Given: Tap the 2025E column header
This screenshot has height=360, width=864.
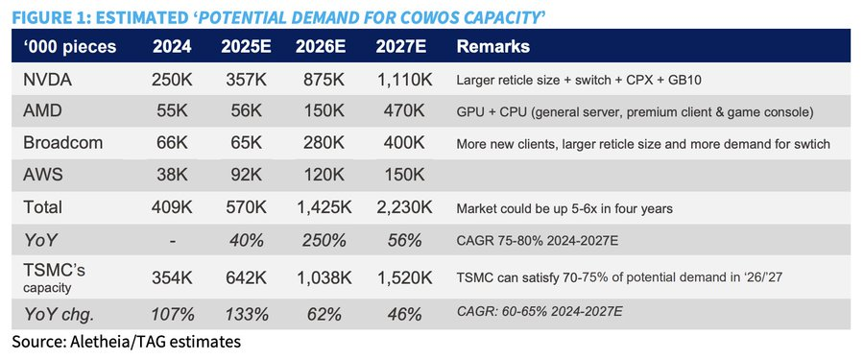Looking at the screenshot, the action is [x=246, y=47].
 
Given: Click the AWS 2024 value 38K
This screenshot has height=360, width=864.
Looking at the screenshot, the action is [x=172, y=176].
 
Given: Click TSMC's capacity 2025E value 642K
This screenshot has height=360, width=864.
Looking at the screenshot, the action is [x=246, y=277].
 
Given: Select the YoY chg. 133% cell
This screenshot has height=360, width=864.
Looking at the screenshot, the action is [x=246, y=314].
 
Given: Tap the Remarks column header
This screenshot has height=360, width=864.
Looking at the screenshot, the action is [x=493, y=47].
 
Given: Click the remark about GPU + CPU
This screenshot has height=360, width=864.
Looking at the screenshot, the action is [x=635, y=112].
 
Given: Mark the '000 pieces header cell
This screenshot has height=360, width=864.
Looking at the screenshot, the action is [x=69, y=47].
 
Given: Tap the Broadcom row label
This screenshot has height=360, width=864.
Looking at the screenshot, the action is [x=62, y=143].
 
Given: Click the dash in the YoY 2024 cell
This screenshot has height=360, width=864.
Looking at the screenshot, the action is [x=172, y=240].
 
